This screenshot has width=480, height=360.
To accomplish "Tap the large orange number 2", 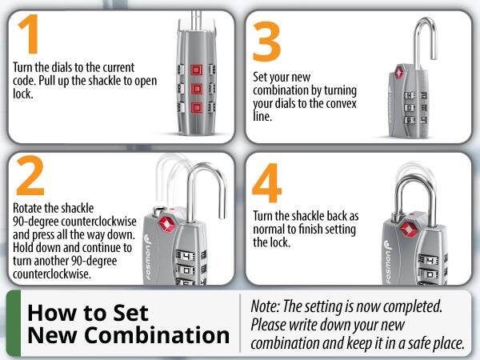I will coord(30,178).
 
